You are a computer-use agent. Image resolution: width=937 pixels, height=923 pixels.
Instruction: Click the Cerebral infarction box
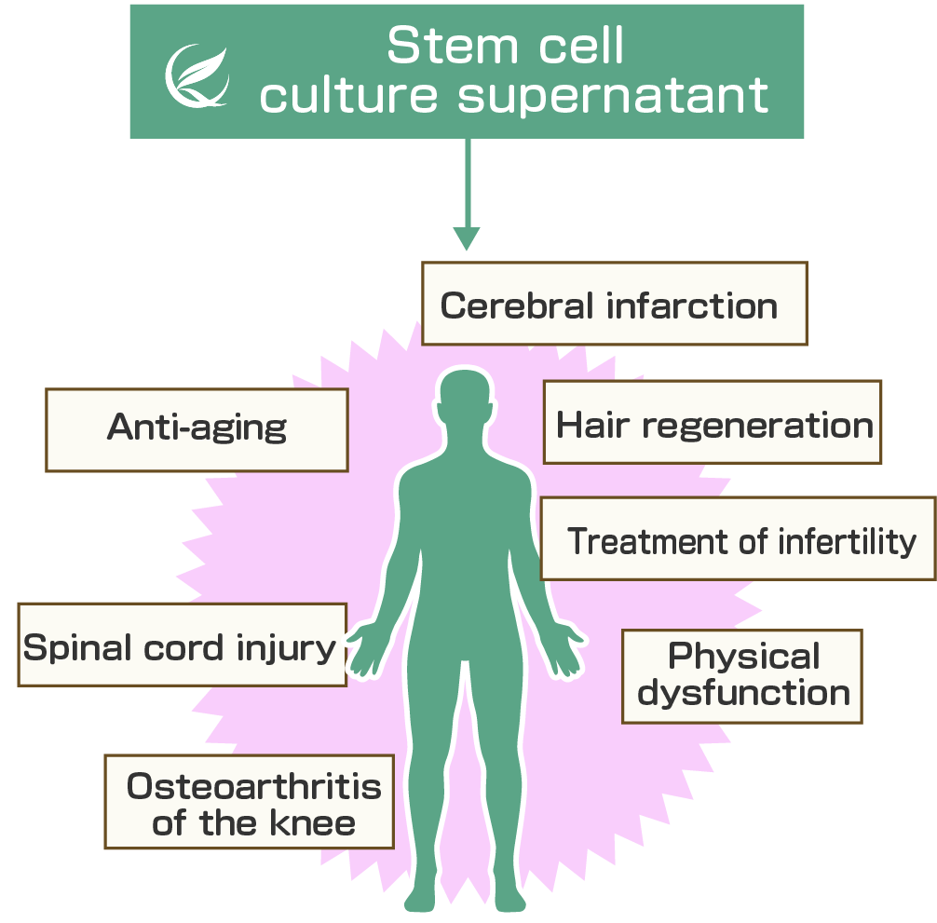[614, 304]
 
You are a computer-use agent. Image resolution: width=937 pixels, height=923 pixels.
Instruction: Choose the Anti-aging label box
[197, 429]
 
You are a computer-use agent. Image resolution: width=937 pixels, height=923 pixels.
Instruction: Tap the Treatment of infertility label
[741, 539]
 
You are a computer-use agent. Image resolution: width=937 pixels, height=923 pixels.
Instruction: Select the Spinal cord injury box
[182, 645]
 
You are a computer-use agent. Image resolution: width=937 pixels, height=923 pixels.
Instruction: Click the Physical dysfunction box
[742, 675]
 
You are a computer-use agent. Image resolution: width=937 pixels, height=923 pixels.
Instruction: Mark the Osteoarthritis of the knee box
[250, 802]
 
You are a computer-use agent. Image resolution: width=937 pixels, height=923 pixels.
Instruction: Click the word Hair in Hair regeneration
[594, 425]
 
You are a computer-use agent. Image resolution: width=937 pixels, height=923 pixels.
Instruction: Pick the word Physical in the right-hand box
[743, 657]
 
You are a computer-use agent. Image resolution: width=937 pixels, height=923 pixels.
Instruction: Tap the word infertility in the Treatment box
[848, 540]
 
